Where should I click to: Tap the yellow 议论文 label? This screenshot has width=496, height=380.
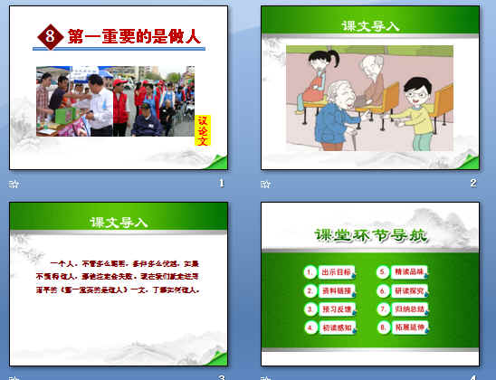point(203,129)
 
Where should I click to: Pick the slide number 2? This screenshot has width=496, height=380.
point(472,184)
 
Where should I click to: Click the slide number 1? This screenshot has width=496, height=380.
point(221,184)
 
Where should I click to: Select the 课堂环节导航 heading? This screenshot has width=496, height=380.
point(371,237)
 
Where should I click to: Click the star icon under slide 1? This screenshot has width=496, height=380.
point(13,184)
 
